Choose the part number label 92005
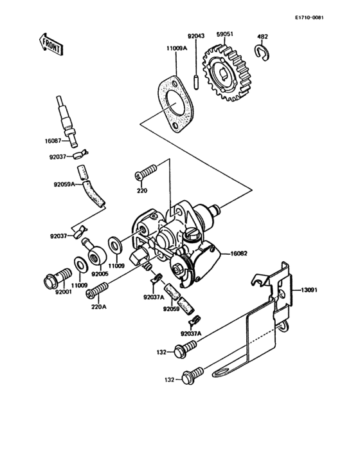coord(101,273)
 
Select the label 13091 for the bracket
coord(309,290)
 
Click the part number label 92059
coord(171,309)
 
